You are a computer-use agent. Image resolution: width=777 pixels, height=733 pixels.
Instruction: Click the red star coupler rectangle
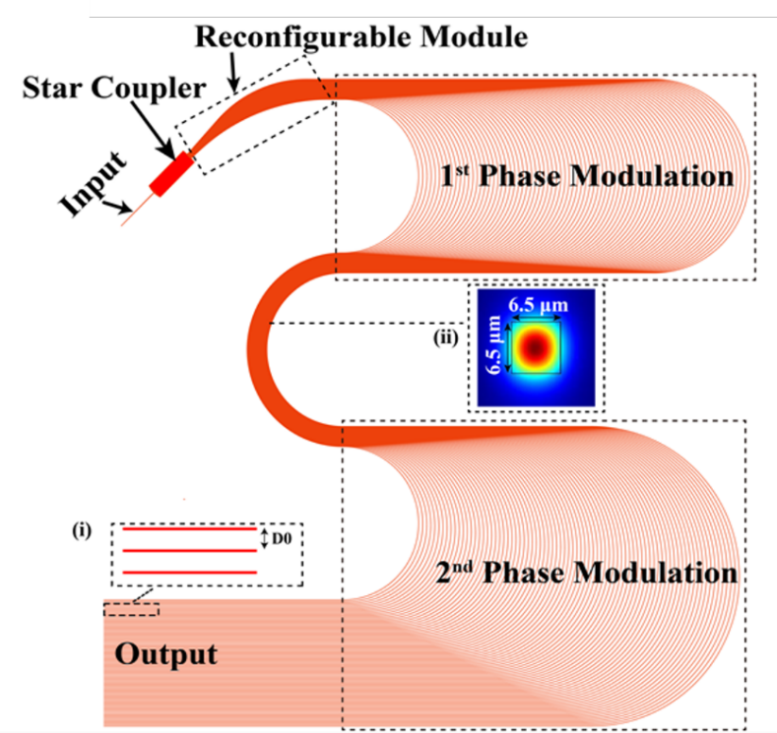(172, 174)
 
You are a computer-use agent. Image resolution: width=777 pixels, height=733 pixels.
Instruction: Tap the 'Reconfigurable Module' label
(362, 37)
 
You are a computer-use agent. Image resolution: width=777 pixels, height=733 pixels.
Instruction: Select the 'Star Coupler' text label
(114, 88)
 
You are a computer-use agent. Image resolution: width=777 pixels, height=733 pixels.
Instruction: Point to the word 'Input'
(93, 183)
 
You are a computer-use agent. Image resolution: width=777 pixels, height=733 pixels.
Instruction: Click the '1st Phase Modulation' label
(586, 176)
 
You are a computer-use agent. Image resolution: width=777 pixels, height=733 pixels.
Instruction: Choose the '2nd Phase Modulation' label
(586, 572)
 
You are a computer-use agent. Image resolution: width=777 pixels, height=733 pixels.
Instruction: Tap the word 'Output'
(166, 655)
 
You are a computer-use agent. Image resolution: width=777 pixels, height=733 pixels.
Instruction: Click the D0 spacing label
(281, 538)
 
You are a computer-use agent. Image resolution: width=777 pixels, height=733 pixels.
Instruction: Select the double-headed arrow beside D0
(264, 538)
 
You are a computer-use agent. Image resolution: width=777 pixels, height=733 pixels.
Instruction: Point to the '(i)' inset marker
(82, 531)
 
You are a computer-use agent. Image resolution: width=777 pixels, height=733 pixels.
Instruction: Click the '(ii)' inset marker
(446, 338)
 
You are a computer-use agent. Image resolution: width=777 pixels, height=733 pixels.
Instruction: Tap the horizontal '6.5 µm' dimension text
(538, 305)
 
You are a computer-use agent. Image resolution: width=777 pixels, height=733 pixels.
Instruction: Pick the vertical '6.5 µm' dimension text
(493, 345)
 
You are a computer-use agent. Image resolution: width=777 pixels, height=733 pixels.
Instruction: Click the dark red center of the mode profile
(535, 348)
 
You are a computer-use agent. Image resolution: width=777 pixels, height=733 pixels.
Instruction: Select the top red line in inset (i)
(190, 529)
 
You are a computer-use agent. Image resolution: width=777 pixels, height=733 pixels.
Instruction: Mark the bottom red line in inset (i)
(190, 572)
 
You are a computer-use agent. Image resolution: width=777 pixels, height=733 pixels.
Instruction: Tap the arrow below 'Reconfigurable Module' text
(234, 74)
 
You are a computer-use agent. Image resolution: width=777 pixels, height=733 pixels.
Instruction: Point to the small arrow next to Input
(118, 206)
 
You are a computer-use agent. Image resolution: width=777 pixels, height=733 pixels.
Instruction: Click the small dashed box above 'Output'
(131, 609)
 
